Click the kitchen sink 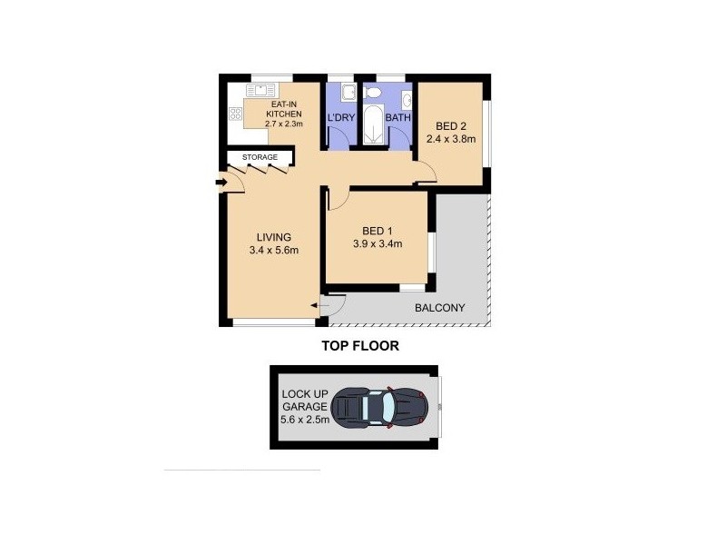pyautogui.click(x=260, y=90)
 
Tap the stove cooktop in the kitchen pyautogui.click(x=236, y=114)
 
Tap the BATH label pyautogui.click(x=397, y=118)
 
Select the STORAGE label pyautogui.click(x=260, y=158)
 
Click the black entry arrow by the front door pyautogui.click(x=221, y=183)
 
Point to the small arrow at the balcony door pyautogui.click(x=313, y=307)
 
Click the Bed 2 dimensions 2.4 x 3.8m pyautogui.click(x=451, y=139)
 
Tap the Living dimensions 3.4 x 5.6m pyautogui.click(x=273, y=251)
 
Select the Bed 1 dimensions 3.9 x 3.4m pyautogui.click(x=377, y=243)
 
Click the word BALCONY pyautogui.click(x=439, y=308)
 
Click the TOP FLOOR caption pyautogui.click(x=360, y=346)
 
